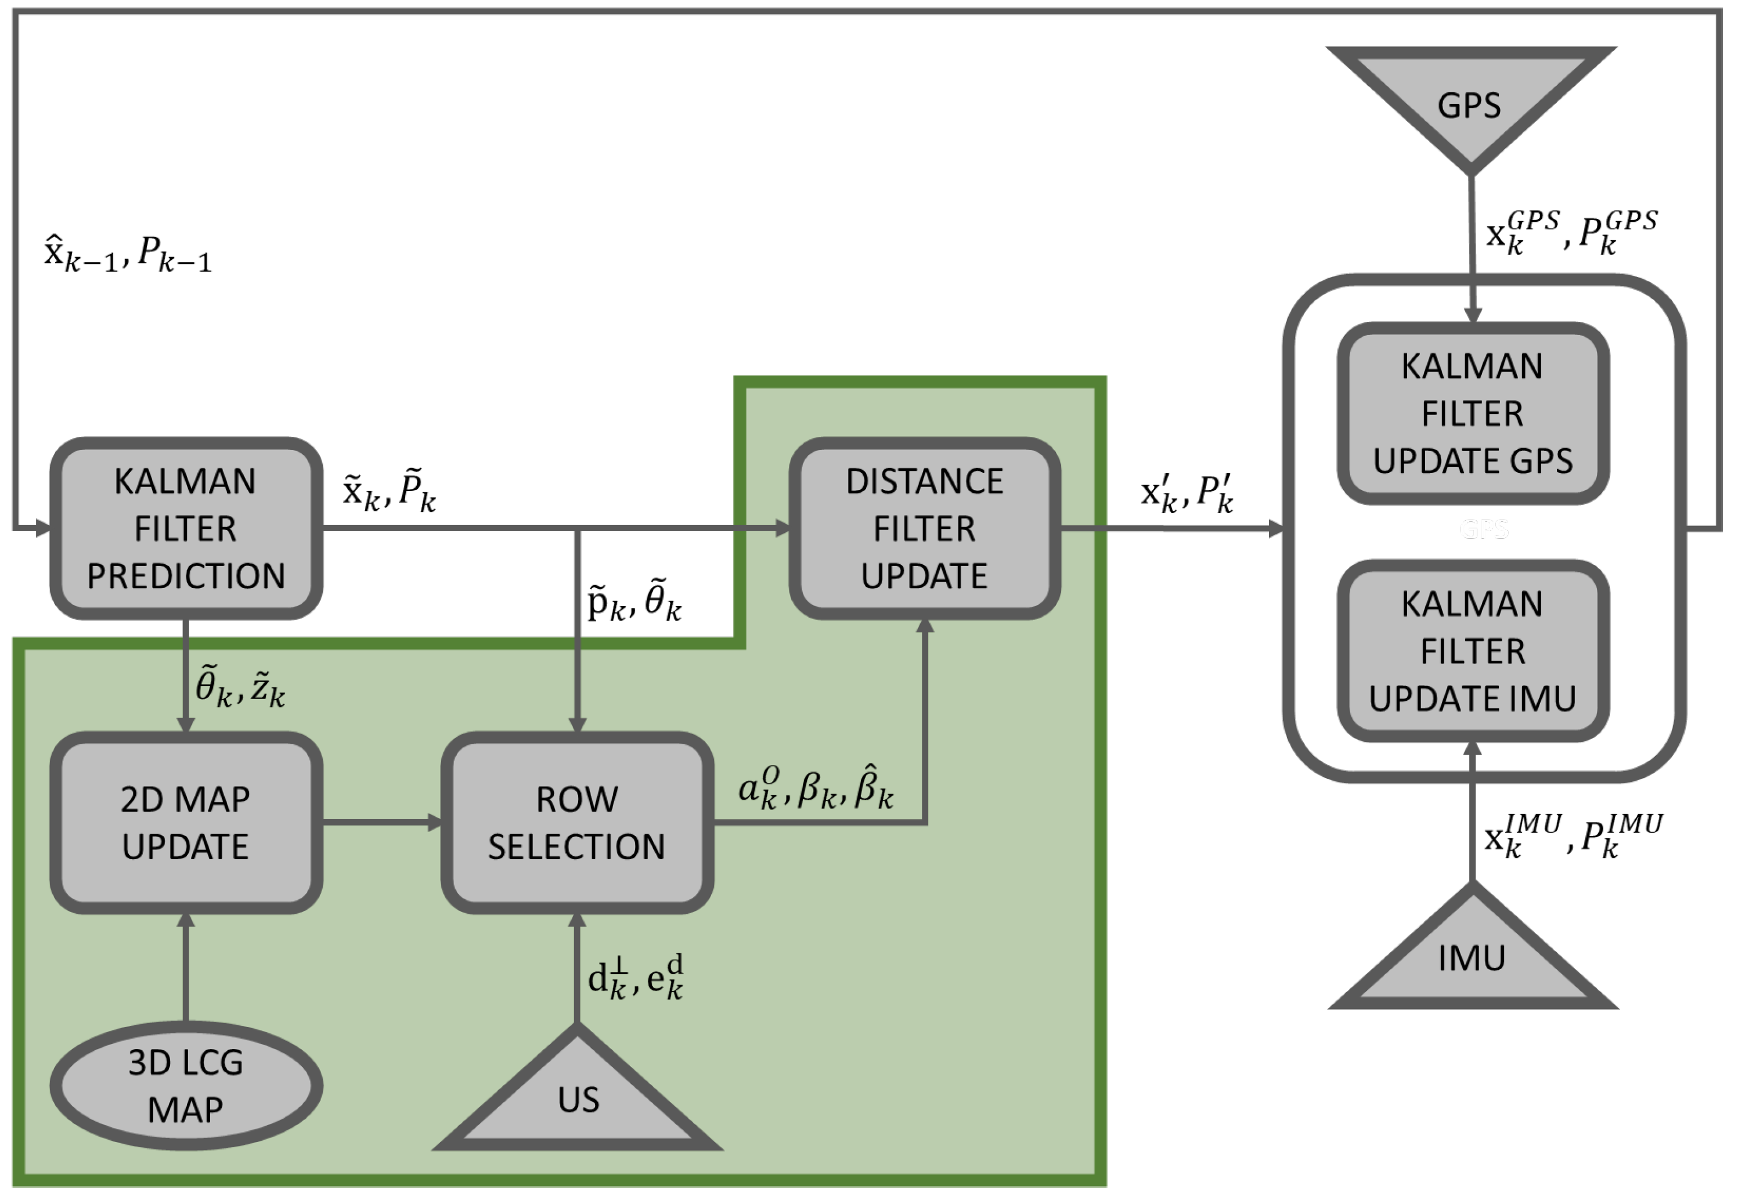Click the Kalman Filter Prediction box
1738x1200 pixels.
[x=186, y=528]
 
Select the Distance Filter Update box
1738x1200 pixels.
[x=924, y=528]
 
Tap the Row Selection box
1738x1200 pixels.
[x=576, y=822]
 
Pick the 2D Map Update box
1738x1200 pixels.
[x=186, y=822]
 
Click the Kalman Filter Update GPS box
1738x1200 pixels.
[x=1473, y=413]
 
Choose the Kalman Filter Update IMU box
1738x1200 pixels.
[x=1473, y=650]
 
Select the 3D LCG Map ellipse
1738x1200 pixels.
[x=186, y=1085]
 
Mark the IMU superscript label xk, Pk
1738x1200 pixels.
[x=1573, y=835]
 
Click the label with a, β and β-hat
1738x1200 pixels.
[x=816, y=787]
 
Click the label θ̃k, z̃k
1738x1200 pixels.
[x=240, y=686]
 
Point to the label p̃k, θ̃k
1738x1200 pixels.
[x=634, y=601]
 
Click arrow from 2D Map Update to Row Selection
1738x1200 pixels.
[x=383, y=823]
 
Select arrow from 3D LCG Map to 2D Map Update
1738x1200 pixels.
[x=186, y=967]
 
